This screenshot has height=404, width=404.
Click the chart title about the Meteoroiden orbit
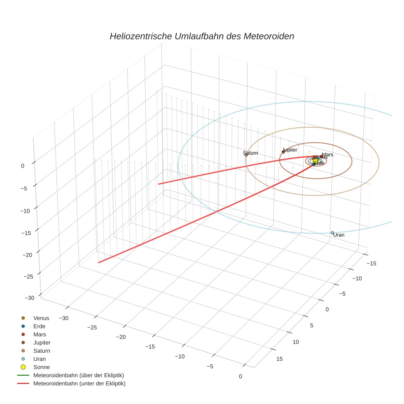[x=202, y=36]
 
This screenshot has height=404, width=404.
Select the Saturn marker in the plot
[x=246, y=155]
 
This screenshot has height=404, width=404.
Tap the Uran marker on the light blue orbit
[x=333, y=233]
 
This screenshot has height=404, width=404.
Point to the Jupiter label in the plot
[x=289, y=150]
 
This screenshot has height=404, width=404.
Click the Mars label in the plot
[x=327, y=155]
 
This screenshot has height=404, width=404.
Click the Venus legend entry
[x=41, y=318]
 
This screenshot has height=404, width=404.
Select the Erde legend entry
[x=39, y=326]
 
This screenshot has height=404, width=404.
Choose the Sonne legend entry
[x=41, y=367]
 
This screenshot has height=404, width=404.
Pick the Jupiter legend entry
[x=42, y=342]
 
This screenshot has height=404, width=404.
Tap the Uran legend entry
[x=40, y=359]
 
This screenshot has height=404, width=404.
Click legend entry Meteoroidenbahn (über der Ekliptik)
[x=78, y=375]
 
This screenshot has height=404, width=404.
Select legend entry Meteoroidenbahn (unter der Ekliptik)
[x=79, y=383]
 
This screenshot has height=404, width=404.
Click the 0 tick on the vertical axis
[x=23, y=165]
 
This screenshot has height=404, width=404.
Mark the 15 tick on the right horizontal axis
[x=280, y=359]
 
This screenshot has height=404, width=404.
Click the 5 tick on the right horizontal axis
[x=312, y=326]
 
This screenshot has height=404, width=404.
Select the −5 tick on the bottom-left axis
[x=210, y=366]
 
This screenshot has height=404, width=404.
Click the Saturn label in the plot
[x=250, y=153]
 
